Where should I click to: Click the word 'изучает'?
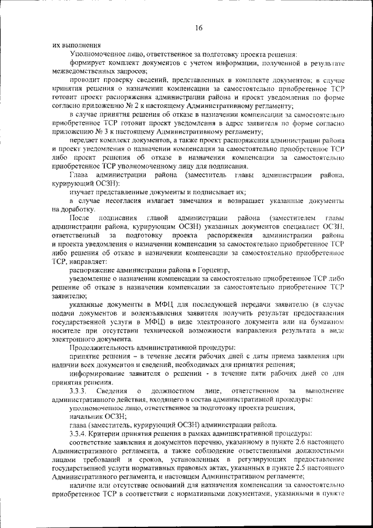(84, 191)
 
